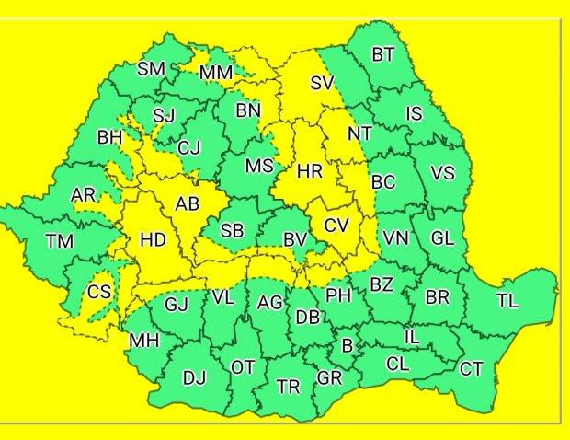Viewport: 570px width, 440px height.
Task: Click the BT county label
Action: point(383,55)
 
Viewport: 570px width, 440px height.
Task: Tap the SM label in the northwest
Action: point(151,69)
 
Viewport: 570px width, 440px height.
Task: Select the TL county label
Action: point(507,301)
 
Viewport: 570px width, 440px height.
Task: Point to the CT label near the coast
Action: point(472,369)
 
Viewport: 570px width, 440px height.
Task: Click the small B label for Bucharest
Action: point(347,346)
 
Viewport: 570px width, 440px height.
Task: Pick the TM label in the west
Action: point(60,242)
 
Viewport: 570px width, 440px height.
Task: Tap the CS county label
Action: point(98,293)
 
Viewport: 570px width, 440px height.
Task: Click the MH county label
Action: point(143,341)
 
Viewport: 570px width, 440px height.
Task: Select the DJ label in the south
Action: point(194,376)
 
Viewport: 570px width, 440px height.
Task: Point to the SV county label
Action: point(321,83)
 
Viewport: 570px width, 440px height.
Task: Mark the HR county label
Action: point(309,170)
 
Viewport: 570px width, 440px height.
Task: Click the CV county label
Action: point(336,225)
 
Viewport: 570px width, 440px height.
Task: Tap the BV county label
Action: point(294,239)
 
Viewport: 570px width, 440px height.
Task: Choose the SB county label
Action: point(232,232)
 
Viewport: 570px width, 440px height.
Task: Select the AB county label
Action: point(188,204)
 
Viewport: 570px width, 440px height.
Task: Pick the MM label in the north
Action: point(216,72)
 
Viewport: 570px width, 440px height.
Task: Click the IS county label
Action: point(414,114)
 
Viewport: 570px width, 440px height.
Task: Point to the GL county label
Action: point(442,238)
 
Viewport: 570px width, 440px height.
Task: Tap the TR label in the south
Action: point(289,387)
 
